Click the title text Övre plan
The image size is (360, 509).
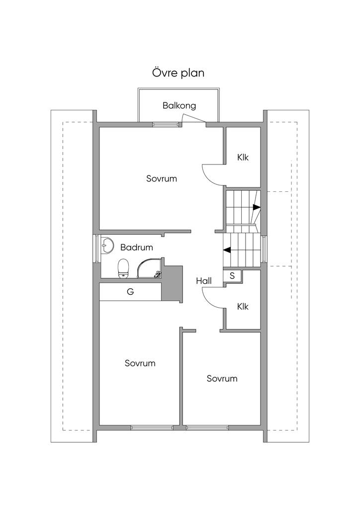pos(178,73)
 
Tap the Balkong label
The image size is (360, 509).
pos(179,105)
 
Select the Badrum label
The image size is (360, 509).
pos(136,248)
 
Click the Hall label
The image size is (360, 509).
pos(203,281)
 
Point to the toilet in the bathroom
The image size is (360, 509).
pos(123,269)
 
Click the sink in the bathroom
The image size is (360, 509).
pos(106,246)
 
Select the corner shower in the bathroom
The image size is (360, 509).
pos(149,268)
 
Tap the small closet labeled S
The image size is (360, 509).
pos(232,276)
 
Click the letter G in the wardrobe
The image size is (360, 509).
pos(130,291)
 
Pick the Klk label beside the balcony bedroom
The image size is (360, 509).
pos(243,158)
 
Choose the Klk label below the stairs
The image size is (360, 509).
pos(243,306)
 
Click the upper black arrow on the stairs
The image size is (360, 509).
pos(257,207)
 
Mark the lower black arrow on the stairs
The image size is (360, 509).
pos(227,250)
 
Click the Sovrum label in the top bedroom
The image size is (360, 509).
pos(161,178)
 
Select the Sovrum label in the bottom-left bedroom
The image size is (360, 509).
pos(140,363)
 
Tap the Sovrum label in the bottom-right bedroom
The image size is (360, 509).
pos(222,378)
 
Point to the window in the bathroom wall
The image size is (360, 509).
pos(96,249)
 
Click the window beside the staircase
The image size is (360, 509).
pos(264,249)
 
